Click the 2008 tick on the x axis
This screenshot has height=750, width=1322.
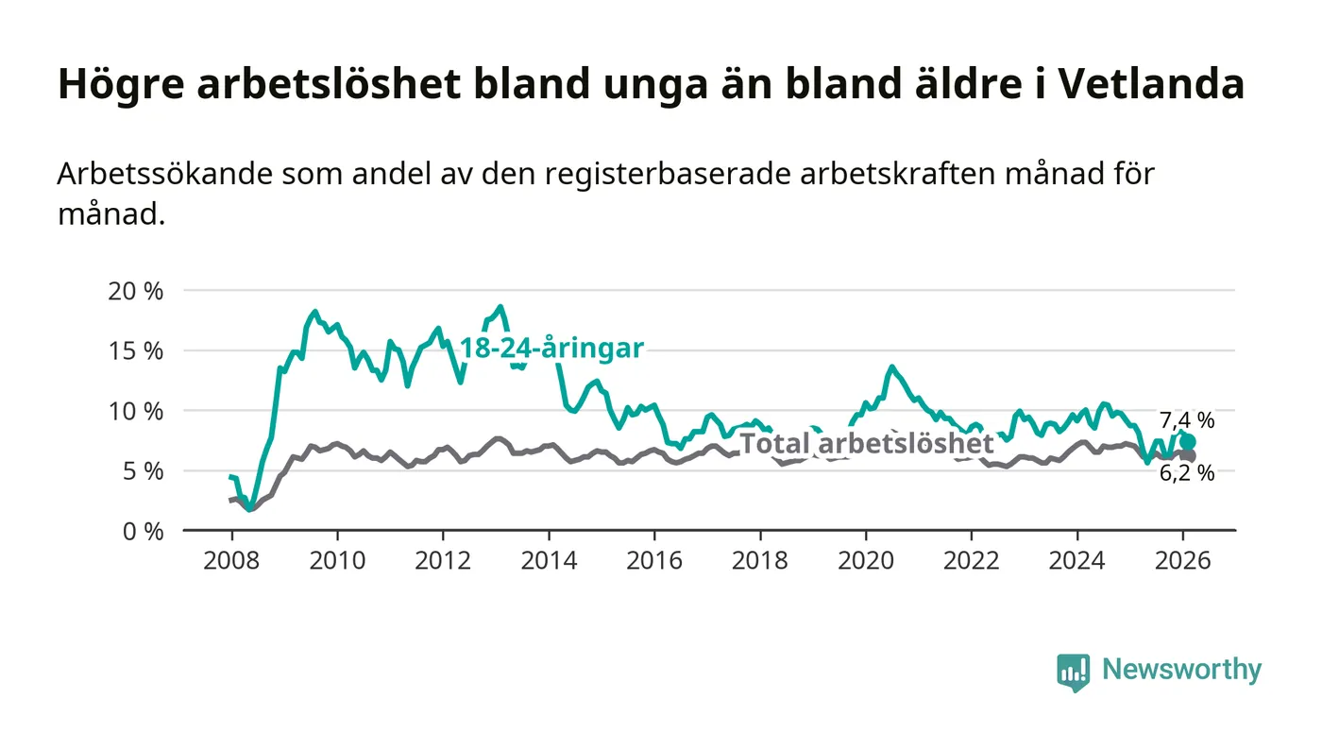click(232, 558)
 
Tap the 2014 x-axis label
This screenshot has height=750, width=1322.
click(550, 558)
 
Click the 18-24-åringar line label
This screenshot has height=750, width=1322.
click(551, 349)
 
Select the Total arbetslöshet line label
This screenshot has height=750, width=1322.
click(866, 444)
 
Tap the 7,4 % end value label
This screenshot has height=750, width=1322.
click(1187, 421)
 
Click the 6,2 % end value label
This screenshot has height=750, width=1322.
click(1187, 474)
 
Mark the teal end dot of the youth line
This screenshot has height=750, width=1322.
click(1188, 442)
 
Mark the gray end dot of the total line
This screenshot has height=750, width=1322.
click(1189, 456)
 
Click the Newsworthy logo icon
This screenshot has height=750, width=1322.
click(1073, 672)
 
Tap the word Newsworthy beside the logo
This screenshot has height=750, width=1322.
click(1182, 671)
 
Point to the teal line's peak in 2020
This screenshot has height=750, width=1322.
click(891, 366)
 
